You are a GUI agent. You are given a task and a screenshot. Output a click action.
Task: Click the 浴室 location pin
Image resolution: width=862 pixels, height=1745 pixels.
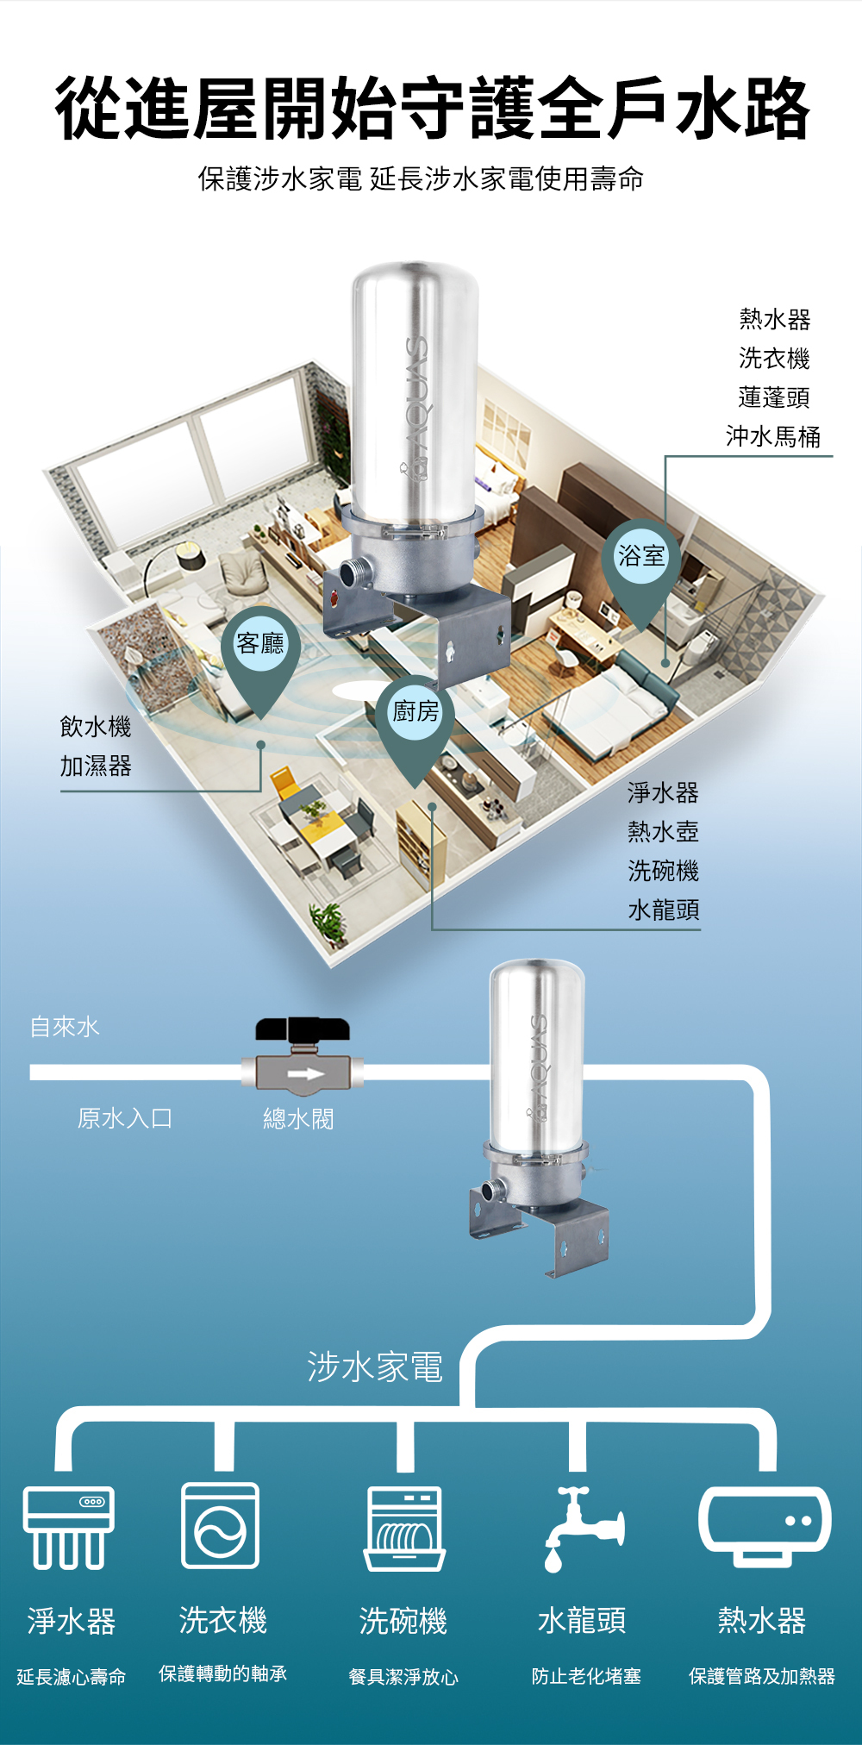[641, 558]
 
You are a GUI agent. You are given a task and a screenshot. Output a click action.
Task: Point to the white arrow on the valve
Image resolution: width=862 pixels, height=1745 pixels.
[304, 1073]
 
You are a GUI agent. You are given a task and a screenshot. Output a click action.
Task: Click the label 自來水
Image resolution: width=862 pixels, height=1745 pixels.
[66, 1027]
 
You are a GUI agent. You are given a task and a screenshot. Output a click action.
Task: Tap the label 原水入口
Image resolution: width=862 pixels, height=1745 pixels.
[125, 1118]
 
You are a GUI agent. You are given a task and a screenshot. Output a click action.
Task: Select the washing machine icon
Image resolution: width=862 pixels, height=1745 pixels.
[221, 1525]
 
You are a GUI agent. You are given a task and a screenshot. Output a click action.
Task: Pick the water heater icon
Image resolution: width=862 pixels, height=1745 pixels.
[764, 1525]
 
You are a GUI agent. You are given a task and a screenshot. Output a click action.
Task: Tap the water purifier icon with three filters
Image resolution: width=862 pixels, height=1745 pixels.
[69, 1527]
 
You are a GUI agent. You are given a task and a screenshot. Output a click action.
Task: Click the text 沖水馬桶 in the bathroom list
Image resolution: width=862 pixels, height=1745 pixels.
[773, 437]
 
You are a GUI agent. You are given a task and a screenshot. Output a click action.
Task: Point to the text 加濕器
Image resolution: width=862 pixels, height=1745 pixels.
[96, 766]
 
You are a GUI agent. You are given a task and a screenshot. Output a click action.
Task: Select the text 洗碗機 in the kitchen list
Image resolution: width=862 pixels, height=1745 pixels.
[663, 871]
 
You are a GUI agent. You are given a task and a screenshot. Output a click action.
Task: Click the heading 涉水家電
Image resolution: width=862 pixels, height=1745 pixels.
[375, 1367]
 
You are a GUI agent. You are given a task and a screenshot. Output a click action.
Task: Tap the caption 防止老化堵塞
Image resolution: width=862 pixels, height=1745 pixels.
[586, 1676]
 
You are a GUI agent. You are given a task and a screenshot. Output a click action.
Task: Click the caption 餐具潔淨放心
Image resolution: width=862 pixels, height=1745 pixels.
[403, 1677]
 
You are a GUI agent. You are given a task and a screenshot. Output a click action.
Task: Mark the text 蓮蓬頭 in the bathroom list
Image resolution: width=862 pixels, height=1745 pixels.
[774, 397]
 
